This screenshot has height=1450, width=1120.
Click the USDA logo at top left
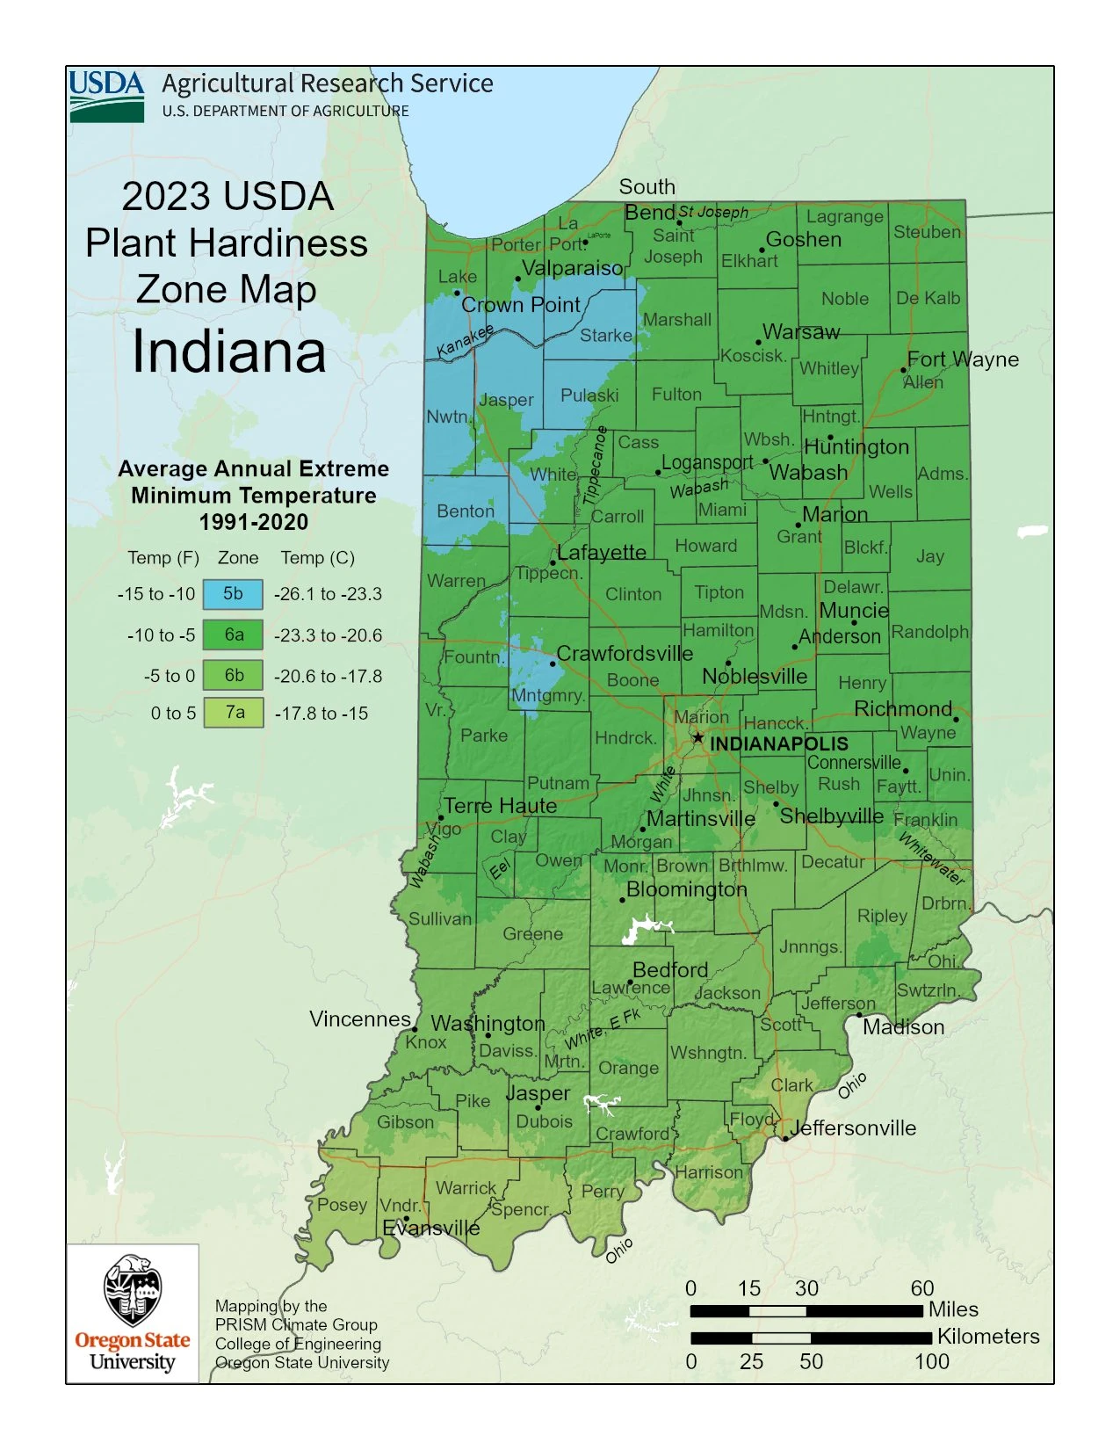(x=106, y=96)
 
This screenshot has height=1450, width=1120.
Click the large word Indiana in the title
(x=228, y=352)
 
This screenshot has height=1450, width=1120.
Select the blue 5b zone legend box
(x=233, y=594)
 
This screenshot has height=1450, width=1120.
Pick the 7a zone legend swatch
(x=233, y=713)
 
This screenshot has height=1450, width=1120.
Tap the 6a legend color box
(x=233, y=634)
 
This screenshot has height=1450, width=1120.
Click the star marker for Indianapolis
(x=697, y=737)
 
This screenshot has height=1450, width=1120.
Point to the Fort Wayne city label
(x=963, y=359)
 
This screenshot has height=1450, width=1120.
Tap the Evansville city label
(x=430, y=1228)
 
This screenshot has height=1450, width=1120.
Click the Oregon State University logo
(x=133, y=1313)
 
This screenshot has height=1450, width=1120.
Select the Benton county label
(x=466, y=511)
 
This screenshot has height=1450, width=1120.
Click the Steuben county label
(x=927, y=232)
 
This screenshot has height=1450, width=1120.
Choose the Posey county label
(x=342, y=1205)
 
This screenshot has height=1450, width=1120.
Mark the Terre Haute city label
(x=500, y=806)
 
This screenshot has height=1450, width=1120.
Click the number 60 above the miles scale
(x=921, y=1288)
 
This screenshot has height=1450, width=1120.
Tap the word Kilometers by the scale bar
(x=987, y=1337)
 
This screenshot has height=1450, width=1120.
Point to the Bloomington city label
(x=686, y=889)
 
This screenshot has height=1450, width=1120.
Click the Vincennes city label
(x=360, y=1019)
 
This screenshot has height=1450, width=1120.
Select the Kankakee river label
(x=466, y=342)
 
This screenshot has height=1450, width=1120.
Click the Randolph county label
(x=929, y=632)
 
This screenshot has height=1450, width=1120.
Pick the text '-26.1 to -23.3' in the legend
(x=328, y=594)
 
